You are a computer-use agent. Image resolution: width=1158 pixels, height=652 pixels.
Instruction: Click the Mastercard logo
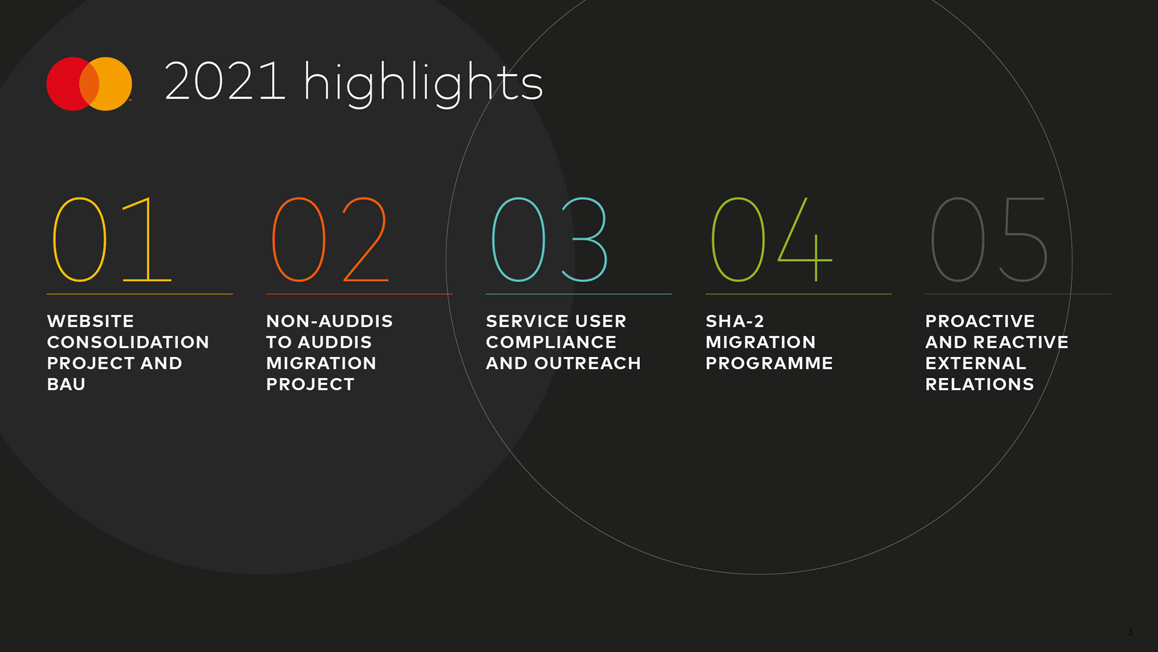[x=89, y=84]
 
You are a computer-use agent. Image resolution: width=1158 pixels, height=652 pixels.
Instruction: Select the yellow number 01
[x=112, y=239]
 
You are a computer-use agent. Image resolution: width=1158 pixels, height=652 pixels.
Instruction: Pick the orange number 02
[x=331, y=239]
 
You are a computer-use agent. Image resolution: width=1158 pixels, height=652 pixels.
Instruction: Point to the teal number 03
[x=550, y=239]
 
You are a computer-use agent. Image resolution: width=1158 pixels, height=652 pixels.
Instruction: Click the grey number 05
[x=990, y=239]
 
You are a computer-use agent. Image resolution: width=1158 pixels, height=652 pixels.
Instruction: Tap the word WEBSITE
[x=90, y=321]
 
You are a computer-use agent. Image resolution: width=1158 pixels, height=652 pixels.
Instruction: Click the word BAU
[x=66, y=384]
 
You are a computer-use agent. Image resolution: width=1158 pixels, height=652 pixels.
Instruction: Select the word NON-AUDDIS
[x=329, y=321]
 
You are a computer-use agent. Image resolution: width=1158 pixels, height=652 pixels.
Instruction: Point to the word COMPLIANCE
[x=551, y=342]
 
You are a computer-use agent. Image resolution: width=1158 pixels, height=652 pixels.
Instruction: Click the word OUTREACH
[x=587, y=363]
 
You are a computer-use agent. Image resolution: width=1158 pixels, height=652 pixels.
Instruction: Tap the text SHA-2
[x=735, y=321]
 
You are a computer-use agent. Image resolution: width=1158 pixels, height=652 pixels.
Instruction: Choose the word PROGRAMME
[x=770, y=363]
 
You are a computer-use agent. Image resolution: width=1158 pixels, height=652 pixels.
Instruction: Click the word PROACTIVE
[x=980, y=321]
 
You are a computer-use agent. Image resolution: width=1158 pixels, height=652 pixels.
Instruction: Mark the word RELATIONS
[x=979, y=384]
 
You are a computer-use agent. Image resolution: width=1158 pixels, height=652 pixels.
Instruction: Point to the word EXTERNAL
[x=976, y=363]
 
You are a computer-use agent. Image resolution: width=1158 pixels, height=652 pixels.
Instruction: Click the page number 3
[x=1130, y=632]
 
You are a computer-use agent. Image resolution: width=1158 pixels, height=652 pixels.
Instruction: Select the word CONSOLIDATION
[x=128, y=342]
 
